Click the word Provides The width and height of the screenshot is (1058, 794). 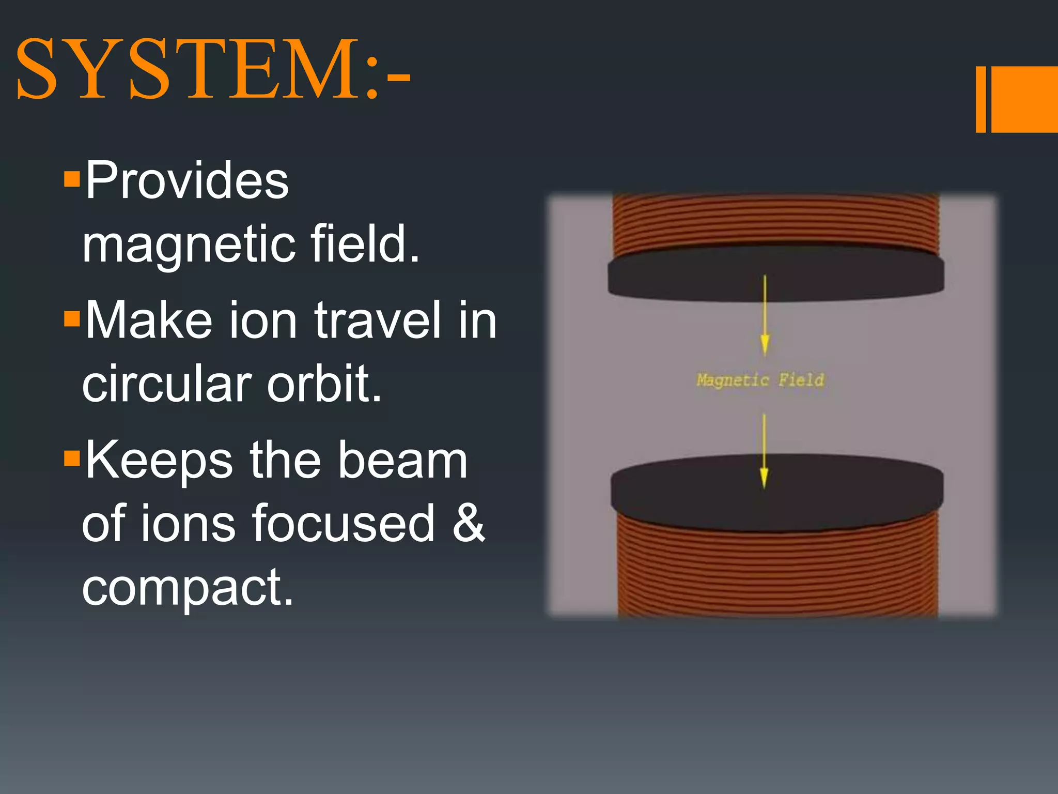tap(186, 180)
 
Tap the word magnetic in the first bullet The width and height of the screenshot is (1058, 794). tap(189, 245)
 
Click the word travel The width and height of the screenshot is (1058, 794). tap(378, 320)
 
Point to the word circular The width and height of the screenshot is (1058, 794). tap(166, 384)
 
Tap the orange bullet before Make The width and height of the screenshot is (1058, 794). tap(72, 319)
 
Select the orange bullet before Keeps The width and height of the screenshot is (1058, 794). tap(72, 459)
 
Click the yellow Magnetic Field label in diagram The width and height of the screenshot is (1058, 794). tap(760, 380)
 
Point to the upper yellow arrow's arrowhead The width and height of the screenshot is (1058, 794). tap(765, 344)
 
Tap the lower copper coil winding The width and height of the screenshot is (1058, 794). tap(777, 574)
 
